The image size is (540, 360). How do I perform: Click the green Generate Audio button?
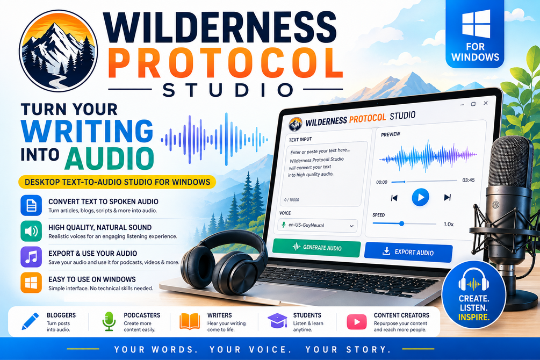[x=316, y=247]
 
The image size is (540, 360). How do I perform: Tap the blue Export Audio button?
[x=408, y=252]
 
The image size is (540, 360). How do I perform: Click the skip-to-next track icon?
[x=448, y=197]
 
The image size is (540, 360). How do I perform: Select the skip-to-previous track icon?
[x=394, y=198]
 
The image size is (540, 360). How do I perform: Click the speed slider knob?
[x=401, y=224]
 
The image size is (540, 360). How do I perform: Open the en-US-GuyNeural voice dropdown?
[x=318, y=225]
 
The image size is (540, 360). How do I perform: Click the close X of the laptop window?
[x=486, y=103]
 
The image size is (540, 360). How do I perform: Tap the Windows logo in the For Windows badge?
[x=476, y=24]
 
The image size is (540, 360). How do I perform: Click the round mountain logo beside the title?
[x=59, y=51]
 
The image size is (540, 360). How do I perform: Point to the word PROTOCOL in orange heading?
[x=226, y=63]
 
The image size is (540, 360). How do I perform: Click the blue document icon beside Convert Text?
[x=31, y=205]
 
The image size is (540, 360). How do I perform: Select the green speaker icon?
[x=31, y=231]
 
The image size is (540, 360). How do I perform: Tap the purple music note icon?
[x=31, y=257]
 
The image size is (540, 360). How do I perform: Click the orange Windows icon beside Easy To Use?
[x=31, y=283]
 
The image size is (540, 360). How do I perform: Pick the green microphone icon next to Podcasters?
[x=109, y=321]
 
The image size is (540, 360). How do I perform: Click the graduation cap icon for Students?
[x=278, y=321]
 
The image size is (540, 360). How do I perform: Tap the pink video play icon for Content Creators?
[x=356, y=322]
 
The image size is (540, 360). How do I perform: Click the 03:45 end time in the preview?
[x=469, y=180]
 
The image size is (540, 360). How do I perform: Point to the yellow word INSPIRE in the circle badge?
[x=474, y=317]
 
